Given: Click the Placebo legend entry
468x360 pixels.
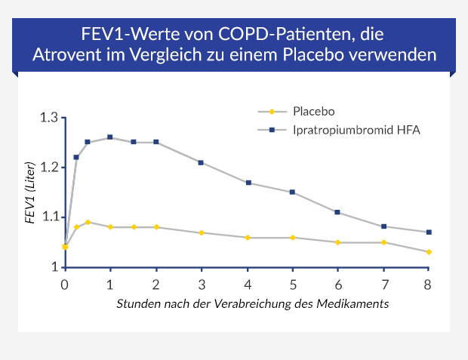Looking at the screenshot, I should pos(313,111).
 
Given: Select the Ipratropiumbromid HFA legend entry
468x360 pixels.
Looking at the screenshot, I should pos(356,130).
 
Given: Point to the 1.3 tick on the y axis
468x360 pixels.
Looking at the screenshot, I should pos(49,118).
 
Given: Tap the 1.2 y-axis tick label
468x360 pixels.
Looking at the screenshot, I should pos(49,168).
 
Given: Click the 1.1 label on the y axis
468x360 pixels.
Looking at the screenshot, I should pos(49,217).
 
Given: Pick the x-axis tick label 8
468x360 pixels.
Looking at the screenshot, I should pos(429,285).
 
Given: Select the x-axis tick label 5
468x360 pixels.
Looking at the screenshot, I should pos(292,285).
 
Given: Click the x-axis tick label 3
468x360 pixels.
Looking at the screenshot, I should pos(201,285).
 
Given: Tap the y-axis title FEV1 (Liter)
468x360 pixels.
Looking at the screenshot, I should pos(31,192).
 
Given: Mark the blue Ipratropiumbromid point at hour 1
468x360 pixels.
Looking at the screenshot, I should pos(110,137).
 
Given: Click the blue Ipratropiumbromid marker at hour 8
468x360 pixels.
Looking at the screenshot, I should pos(429,232).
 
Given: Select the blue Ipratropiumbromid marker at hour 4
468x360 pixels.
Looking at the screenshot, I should pos(247,183).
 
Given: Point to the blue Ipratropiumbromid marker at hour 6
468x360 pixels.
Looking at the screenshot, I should pos(337,212).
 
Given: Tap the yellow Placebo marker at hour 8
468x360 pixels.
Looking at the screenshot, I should pos(429,252).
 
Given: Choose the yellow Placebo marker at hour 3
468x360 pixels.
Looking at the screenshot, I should pos(201,232).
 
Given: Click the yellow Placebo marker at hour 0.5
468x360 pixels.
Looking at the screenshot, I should pos(88,222).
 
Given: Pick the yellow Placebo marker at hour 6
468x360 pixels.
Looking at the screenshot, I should pos(337,242).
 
